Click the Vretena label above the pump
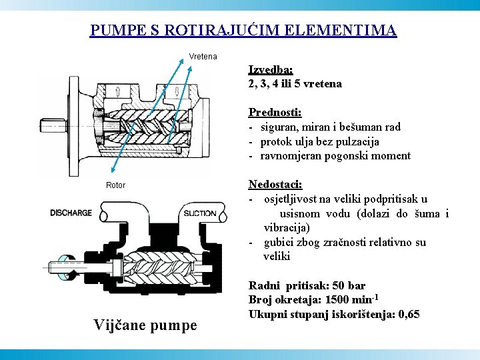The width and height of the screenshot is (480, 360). pyautogui.click(x=203, y=57)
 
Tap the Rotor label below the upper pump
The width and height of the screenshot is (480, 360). pyautogui.click(x=115, y=185)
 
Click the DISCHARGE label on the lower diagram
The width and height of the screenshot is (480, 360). pyautogui.click(x=71, y=213)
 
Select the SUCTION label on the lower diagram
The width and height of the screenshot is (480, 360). pyautogui.click(x=199, y=213)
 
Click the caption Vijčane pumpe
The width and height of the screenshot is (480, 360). pyautogui.click(x=145, y=325)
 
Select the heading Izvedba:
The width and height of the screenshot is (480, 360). pyautogui.click(x=271, y=69)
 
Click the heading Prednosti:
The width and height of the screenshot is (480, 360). pyautogui.click(x=275, y=113)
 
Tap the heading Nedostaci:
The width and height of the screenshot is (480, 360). pyautogui.click(x=275, y=184)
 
